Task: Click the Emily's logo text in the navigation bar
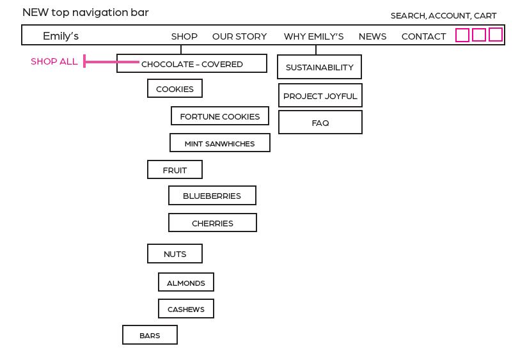click(61, 36)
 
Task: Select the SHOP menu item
click(184, 36)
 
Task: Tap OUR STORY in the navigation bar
click(239, 36)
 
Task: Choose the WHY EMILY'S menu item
click(313, 36)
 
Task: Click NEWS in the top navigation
click(372, 36)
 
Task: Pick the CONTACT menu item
click(423, 36)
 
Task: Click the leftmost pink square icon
click(462, 35)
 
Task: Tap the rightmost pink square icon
click(496, 35)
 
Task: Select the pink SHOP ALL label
click(54, 61)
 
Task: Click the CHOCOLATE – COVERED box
click(192, 64)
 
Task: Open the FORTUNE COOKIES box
click(220, 116)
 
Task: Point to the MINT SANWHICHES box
click(220, 143)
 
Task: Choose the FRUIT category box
click(175, 170)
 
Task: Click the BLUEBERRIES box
click(212, 196)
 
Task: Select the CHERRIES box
click(212, 223)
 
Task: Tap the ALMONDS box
click(186, 283)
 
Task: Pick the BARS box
click(150, 335)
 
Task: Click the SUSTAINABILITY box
click(320, 67)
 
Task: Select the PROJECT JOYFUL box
click(320, 96)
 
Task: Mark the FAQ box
click(320, 123)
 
